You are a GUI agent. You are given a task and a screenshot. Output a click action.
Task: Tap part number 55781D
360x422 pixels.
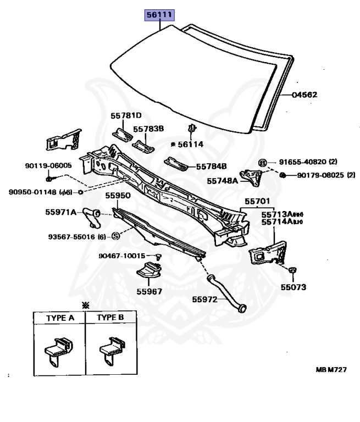[x=126, y=115]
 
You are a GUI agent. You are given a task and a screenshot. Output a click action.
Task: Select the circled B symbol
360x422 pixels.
[x=263, y=163]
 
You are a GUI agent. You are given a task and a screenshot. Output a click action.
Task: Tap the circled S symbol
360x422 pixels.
[x=116, y=236]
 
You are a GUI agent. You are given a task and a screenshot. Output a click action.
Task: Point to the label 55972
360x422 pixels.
[x=204, y=300]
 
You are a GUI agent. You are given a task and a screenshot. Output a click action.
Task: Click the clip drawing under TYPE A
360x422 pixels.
[x=58, y=351]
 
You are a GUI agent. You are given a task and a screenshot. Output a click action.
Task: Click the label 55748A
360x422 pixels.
[x=222, y=180]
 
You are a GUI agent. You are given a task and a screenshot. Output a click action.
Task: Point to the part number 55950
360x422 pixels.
[x=118, y=196]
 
